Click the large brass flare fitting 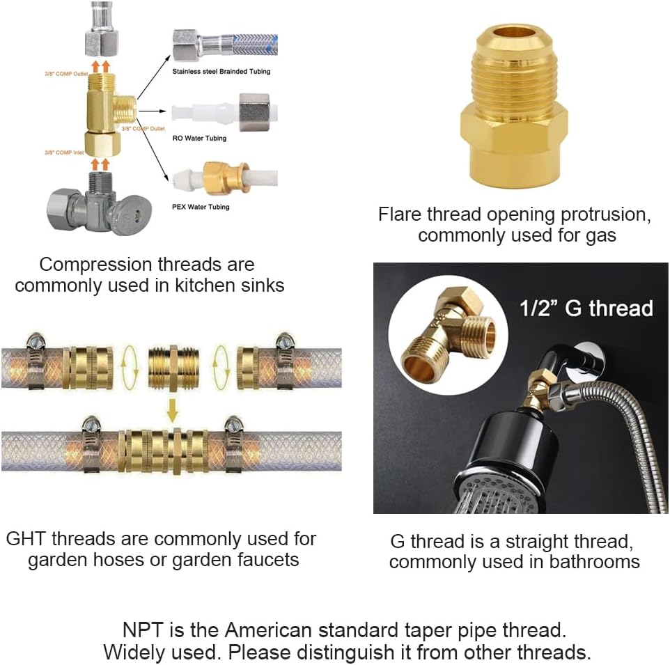pyautogui.click(x=514, y=108)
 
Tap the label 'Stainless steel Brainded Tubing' pyautogui.click(x=221, y=71)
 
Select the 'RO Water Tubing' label pyautogui.click(x=199, y=138)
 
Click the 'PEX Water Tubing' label pyautogui.click(x=201, y=207)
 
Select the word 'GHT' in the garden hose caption pyautogui.click(x=29, y=539)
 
